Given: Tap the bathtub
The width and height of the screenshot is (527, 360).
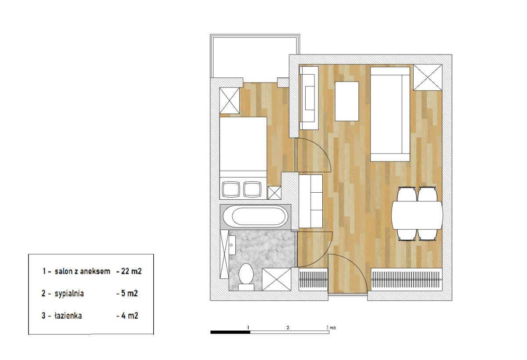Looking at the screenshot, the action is click(x=256, y=216).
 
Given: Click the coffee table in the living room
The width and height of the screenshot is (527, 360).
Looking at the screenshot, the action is click(x=347, y=101).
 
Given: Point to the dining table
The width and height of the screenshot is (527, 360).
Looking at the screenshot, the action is click(x=417, y=215).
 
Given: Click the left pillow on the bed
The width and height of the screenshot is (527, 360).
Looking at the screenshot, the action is click(x=231, y=189).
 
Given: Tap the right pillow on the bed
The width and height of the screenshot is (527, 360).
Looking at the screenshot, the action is click(x=252, y=189).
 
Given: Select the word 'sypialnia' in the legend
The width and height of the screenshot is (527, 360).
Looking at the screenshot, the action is click(x=69, y=293).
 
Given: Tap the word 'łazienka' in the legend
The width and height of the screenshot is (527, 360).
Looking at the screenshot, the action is click(x=68, y=316).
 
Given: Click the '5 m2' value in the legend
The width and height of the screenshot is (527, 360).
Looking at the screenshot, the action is click(x=129, y=293).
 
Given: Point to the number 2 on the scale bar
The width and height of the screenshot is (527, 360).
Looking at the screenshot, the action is click(x=288, y=328).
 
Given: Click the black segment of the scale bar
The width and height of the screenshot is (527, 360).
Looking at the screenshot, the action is click(x=230, y=332).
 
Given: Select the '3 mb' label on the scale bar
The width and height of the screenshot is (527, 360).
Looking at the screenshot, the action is click(x=331, y=328).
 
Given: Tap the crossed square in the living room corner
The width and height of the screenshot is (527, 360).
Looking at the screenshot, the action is click(x=428, y=77).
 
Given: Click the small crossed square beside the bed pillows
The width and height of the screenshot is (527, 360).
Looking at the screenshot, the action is click(x=274, y=193).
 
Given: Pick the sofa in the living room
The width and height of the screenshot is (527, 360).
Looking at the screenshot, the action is click(x=390, y=114).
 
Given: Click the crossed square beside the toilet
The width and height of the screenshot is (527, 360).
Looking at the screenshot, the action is click(x=276, y=279).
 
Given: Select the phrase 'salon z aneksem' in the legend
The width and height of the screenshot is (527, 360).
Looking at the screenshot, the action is click(x=83, y=271).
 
